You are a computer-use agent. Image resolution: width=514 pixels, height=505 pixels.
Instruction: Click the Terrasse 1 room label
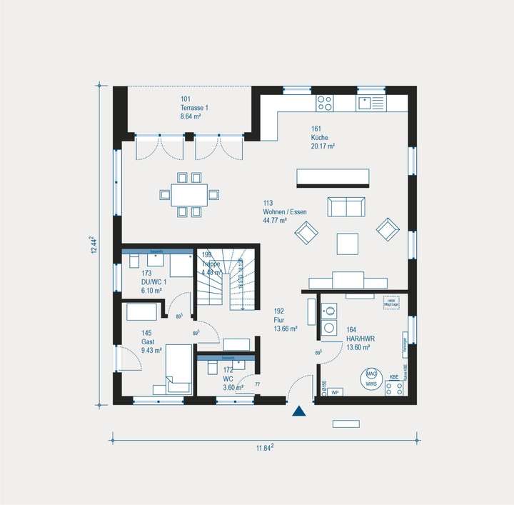[x=194, y=107]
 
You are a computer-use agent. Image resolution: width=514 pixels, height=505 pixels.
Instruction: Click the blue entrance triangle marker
[x=299, y=411]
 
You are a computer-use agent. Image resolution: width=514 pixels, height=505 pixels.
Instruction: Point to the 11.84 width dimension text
[x=265, y=448]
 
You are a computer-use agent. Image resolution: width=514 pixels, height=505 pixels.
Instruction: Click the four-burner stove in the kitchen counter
[x=325, y=103]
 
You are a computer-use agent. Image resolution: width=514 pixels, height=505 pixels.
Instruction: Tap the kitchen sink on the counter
[x=371, y=103]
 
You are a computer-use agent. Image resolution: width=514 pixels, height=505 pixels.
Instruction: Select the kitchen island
[x=333, y=177]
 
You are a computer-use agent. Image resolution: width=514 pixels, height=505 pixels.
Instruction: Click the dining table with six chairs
[x=189, y=194]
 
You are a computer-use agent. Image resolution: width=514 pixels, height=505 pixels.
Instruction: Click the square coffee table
[x=348, y=244]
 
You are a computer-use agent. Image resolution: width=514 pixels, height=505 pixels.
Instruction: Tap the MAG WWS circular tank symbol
[x=371, y=378]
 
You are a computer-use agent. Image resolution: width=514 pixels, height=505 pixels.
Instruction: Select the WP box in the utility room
[x=334, y=391]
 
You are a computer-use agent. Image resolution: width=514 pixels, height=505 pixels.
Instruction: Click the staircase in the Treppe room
[x=225, y=281]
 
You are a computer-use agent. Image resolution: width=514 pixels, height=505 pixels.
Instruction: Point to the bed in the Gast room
[x=178, y=368]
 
